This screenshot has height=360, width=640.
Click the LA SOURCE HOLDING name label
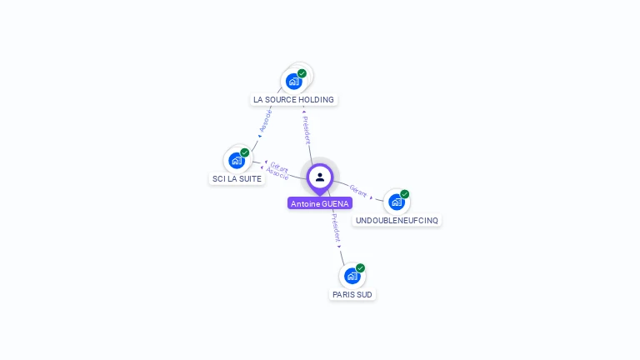pos(293,100)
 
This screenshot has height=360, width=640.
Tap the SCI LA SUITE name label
pos(237,178)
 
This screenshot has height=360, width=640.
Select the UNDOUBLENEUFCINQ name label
pos(397,220)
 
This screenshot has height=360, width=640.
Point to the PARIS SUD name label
pos(352,294)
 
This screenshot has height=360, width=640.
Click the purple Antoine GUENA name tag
pos(320,203)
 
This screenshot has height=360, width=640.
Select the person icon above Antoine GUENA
pos(320,177)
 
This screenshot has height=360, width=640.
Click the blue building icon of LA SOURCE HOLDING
pos(293,81)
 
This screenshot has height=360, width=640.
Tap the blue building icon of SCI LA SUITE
pos(237,160)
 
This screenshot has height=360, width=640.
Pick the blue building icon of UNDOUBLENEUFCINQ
pos(396,202)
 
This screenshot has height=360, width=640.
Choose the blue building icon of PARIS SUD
pos(352,276)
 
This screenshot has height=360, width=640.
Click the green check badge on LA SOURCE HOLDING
pos(302,73)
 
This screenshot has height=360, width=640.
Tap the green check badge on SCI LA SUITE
pos(245,152)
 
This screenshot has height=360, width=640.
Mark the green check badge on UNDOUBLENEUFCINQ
pos(405,194)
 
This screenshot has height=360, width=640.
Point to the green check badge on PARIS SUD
pos(360,268)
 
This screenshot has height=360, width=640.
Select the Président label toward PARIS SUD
pos(336,227)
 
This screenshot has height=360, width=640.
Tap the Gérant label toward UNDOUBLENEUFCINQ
pos(358,190)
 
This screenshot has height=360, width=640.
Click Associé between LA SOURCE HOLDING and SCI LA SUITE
pos(266,122)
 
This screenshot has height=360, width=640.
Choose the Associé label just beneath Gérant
pos(277,174)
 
